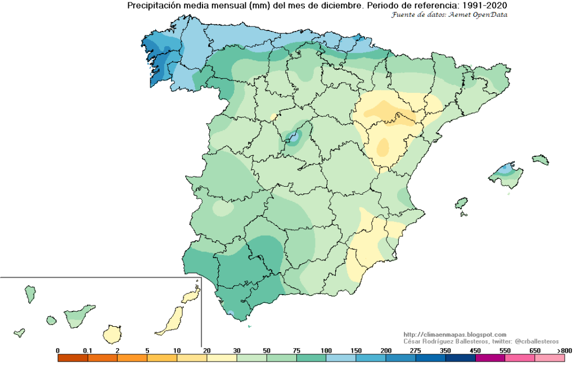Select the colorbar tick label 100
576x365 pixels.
coord(326,350)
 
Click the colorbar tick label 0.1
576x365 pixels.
coord(88,350)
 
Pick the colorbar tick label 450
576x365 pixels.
coord(475,350)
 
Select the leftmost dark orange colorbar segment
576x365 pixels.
coord(73,357)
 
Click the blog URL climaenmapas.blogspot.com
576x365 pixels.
coord(455,335)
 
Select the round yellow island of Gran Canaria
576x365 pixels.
coord(113,334)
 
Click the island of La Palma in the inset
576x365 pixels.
coord(30,294)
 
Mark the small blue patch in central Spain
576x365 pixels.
coord(293,136)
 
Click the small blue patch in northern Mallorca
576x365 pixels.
coord(507,168)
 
